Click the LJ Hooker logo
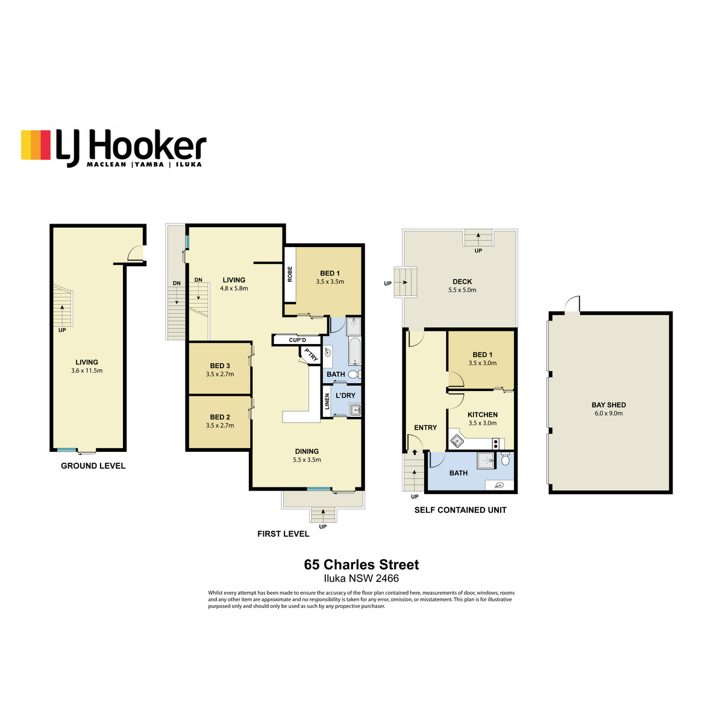click(x=113, y=148)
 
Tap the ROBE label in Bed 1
click(x=290, y=274)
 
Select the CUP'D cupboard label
click(x=297, y=340)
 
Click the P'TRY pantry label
click(x=311, y=354)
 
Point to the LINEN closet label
click(x=327, y=401)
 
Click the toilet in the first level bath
click(x=354, y=374)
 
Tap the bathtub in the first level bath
click(x=354, y=351)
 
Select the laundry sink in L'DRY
click(x=354, y=410)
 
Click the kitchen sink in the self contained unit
click(x=457, y=441)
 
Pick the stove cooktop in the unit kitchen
click(x=496, y=443)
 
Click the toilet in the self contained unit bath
click(x=505, y=459)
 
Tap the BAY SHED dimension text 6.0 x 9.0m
click(x=609, y=413)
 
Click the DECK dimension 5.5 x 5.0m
click(x=462, y=290)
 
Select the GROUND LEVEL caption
click(x=93, y=466)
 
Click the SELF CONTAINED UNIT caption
click(x=460, y=510)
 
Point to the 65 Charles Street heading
click(x=361, y=565)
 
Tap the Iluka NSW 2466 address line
click(x=361, y=578)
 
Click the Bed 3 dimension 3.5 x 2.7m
click(x=220, y=374)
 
